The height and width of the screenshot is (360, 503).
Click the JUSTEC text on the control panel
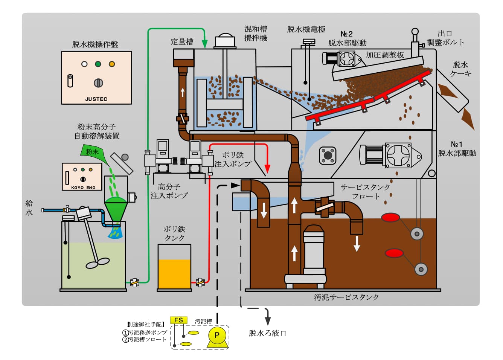pos(96,99)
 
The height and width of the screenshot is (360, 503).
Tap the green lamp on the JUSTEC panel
pos(98,64)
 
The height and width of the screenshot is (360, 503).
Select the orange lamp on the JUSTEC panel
pos(111,64)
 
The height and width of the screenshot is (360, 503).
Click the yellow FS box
pos(178,320)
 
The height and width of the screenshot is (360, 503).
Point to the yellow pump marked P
pos(217,335)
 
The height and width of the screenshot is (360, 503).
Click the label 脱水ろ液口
pos(267,333)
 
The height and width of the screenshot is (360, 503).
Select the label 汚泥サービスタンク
pos(346,297)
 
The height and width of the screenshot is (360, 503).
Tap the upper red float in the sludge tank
pos(390,217)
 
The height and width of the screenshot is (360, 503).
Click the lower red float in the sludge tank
pos(394,253)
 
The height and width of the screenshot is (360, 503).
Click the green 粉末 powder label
pos(92,151)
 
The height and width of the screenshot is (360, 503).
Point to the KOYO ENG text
pos(83,188)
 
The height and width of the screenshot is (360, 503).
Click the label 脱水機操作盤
pos(95,44)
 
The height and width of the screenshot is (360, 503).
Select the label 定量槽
pos(182,42)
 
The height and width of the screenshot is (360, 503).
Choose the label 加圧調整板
pos(384,55)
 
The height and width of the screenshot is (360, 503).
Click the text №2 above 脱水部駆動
pos(346,34)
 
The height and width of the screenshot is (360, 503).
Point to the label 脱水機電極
pos(306,29)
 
